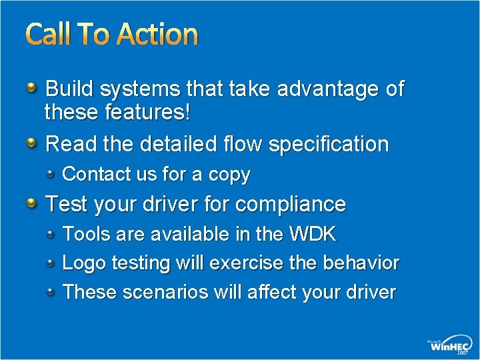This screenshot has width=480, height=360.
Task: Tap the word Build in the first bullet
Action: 70,89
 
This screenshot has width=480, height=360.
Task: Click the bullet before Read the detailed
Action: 33,142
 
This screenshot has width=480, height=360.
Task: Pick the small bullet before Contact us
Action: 52,174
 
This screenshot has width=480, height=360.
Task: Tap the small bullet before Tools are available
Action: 52,233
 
